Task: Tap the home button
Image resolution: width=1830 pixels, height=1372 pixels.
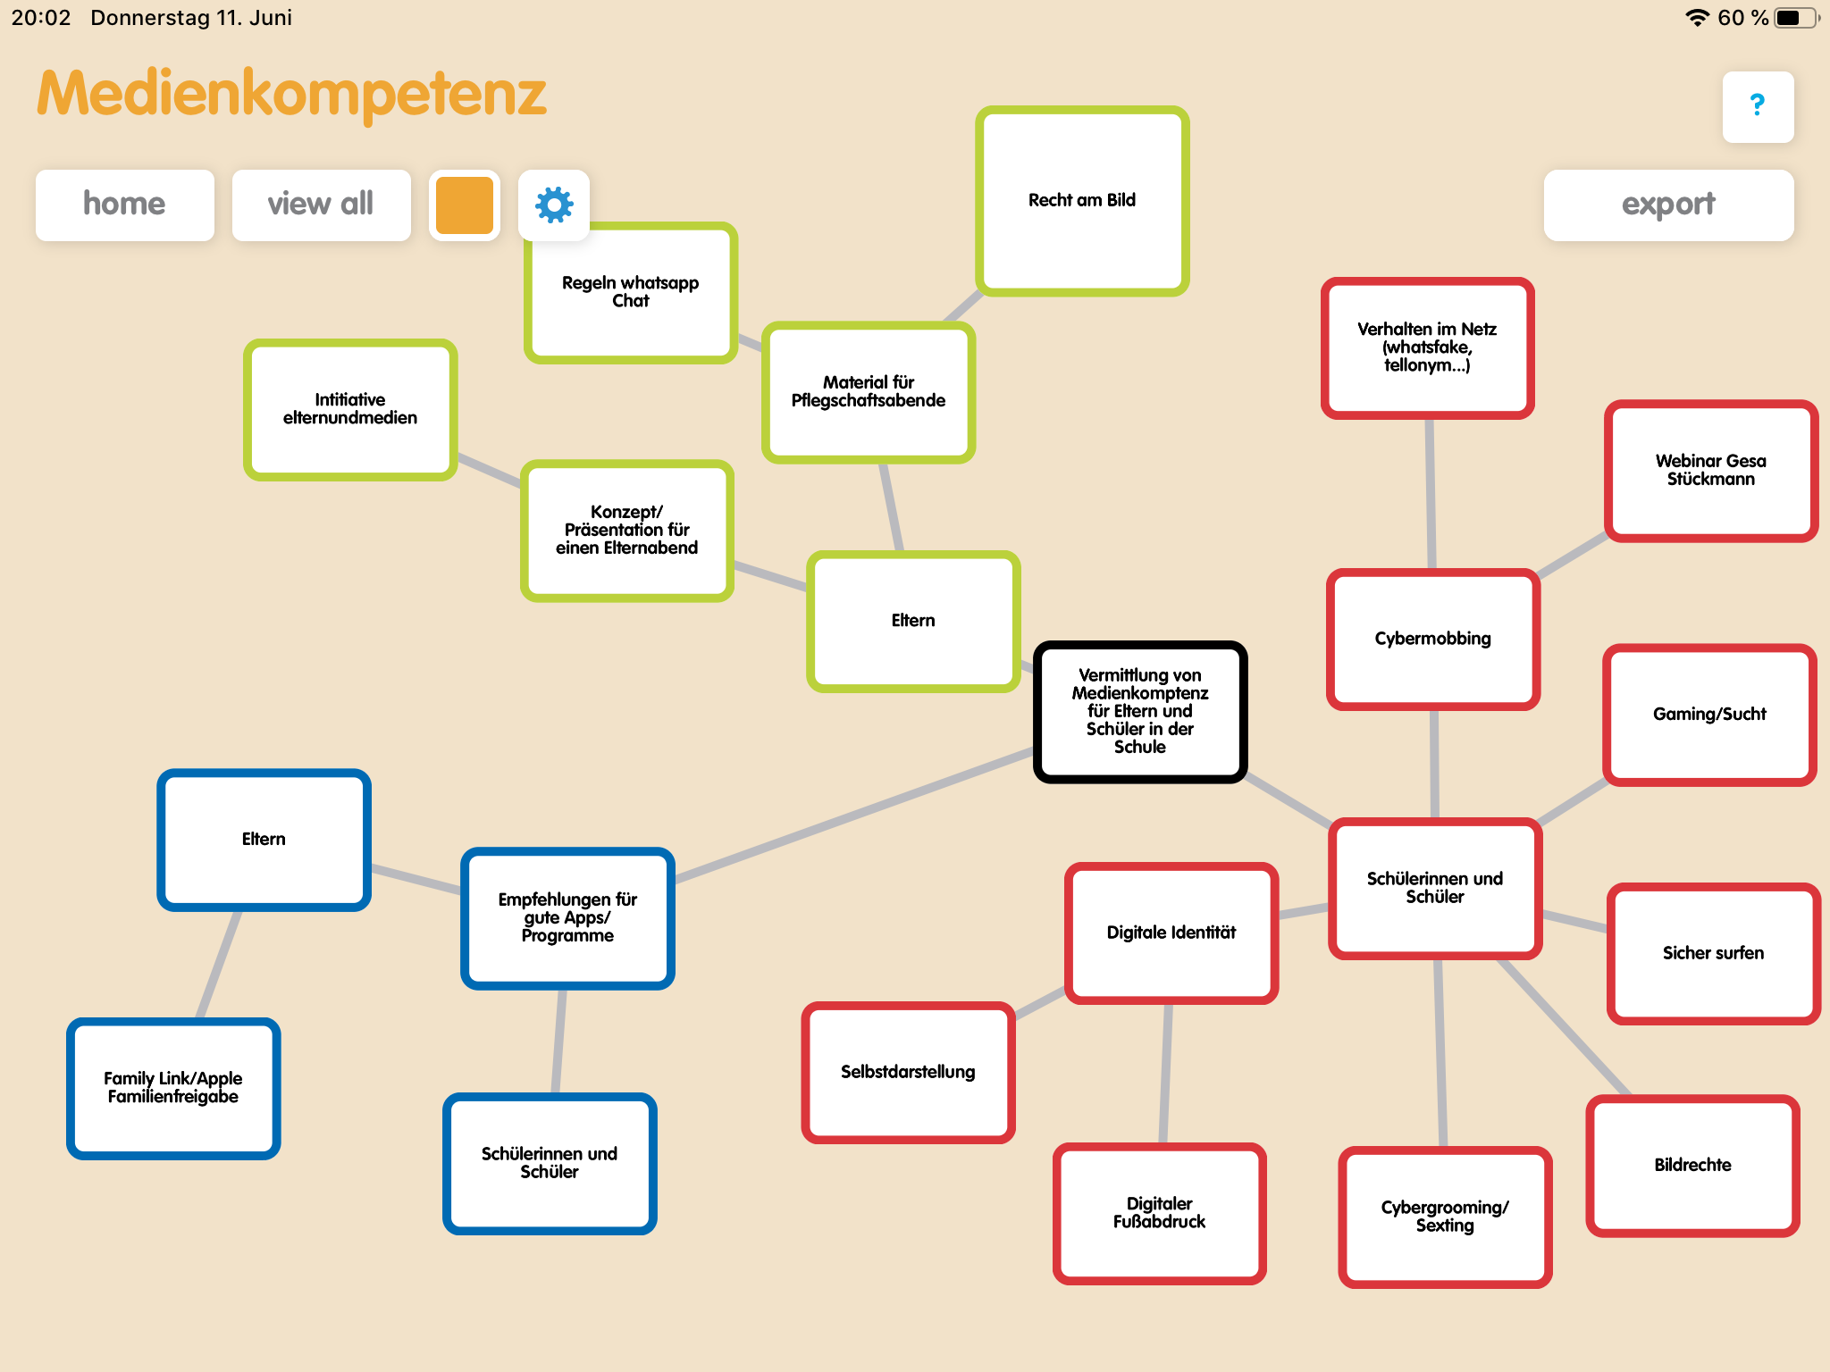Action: pos(124,205)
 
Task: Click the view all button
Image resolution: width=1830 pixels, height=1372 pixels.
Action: pos(321,205)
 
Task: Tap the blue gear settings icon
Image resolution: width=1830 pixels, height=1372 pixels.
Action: pos(554,205)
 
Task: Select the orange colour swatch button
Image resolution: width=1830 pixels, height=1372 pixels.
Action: pos(465,205)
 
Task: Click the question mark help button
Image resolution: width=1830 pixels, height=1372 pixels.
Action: pos(1757,106)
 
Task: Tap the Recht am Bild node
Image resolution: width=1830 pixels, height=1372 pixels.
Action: pos(1082,201)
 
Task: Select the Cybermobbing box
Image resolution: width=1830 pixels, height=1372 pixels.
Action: pos(1432,639)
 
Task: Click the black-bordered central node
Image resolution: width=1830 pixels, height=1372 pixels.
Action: pos(1140,711)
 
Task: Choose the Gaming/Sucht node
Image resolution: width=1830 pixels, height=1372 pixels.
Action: pos(1709,715)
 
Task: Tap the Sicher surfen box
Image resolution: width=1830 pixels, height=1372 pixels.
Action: pos(1713,953)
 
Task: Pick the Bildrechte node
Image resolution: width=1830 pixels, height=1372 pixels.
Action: pos(1692,1165)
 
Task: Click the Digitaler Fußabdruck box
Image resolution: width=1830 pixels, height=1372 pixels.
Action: pos(1159,1213)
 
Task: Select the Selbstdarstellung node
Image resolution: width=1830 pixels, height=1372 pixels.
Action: pos(908,1072)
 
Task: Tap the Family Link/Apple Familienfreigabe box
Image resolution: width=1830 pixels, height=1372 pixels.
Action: pos(173,1088)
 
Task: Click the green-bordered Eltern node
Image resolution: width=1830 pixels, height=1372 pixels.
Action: pos(913,621)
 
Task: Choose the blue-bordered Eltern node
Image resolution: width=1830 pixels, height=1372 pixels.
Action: pos(264,840)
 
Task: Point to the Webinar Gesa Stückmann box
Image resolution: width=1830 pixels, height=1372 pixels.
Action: pos(1710,471)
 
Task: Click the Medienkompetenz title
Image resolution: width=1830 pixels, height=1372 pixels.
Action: pos(291,94)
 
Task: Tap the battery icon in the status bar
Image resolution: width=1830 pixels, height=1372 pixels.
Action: pos(1793,18)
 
